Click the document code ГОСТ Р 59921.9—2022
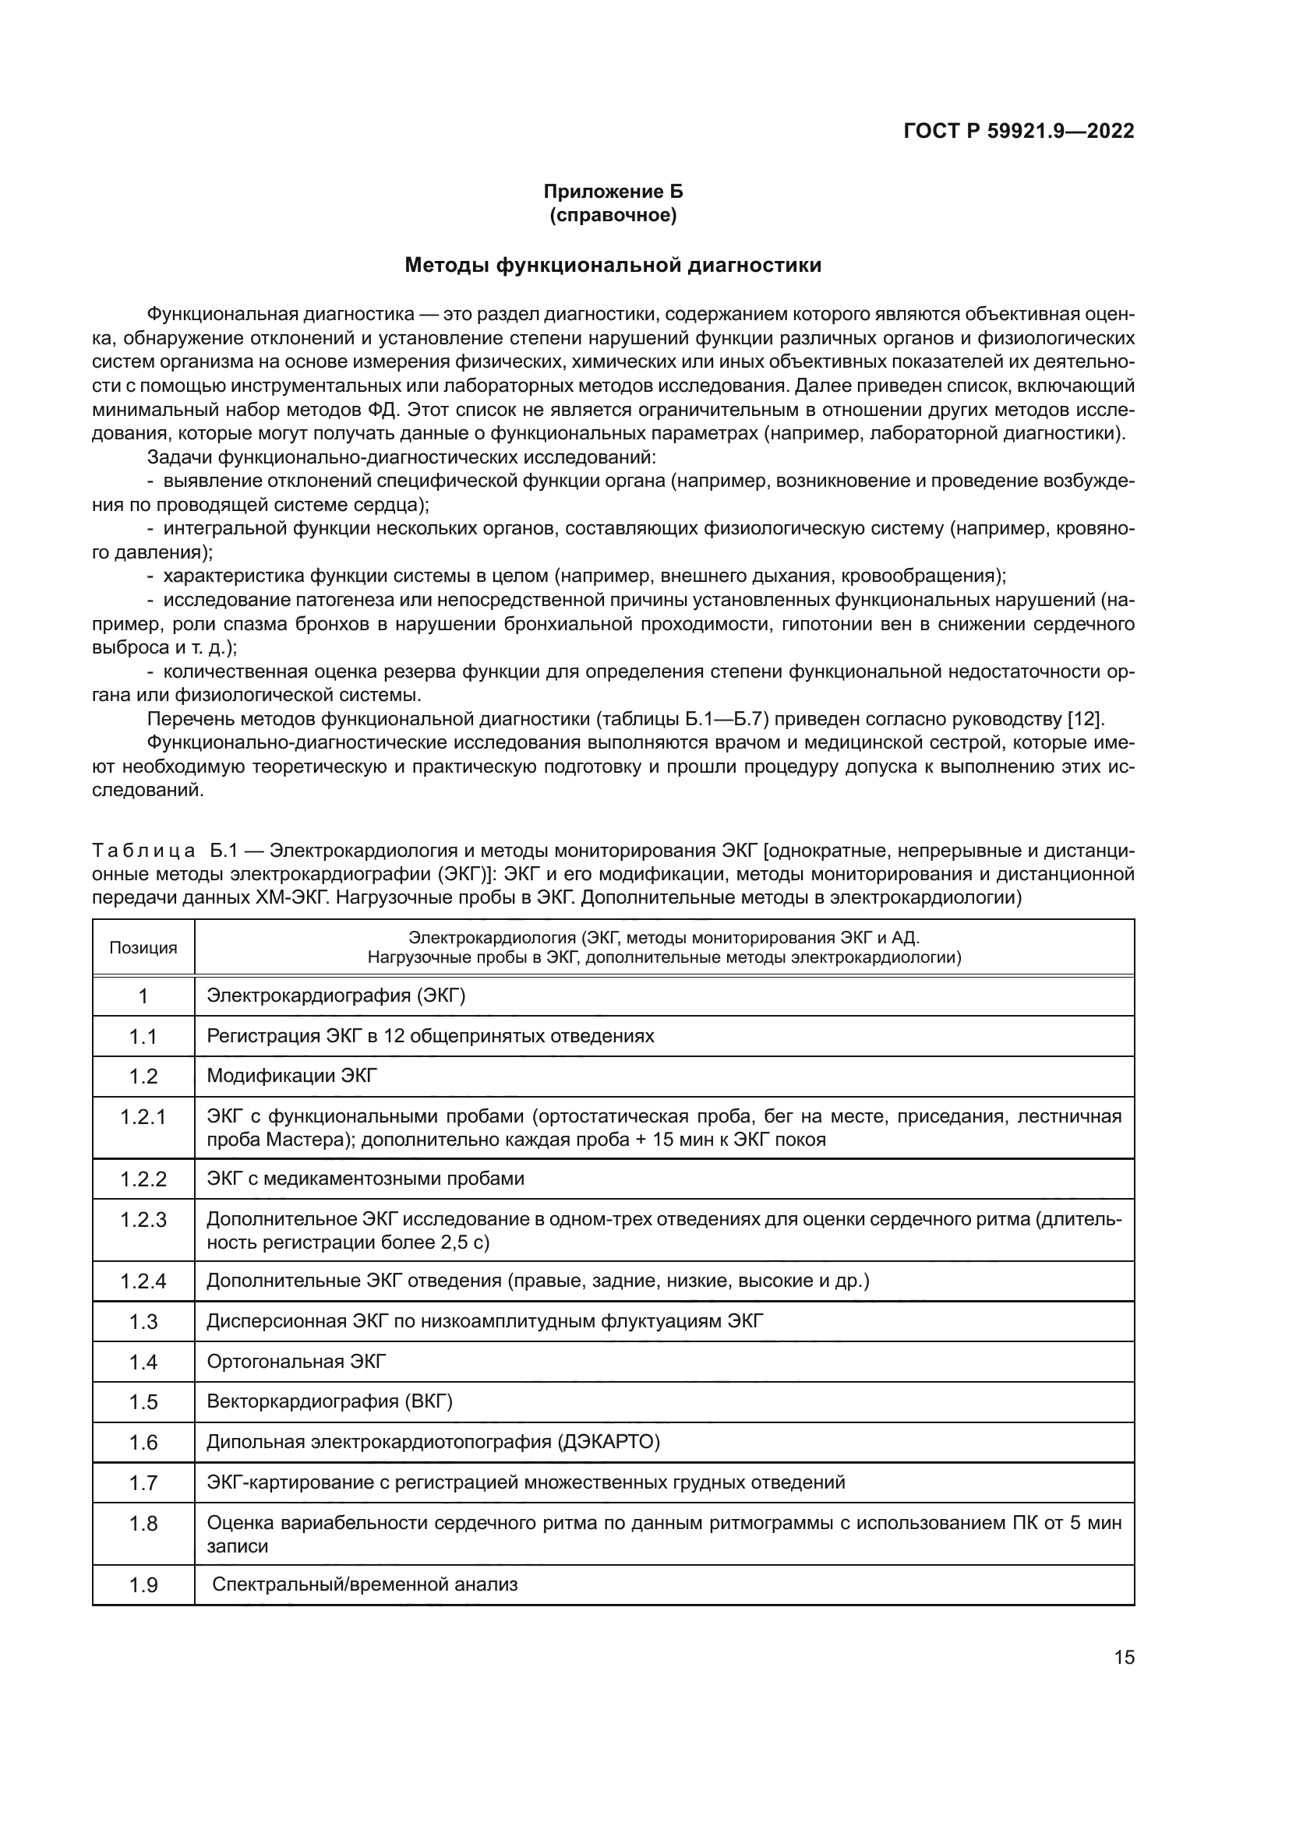1019,131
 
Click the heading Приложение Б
613,192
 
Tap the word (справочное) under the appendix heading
613,215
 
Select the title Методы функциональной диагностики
613,265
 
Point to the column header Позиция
143,947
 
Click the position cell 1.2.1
143,1117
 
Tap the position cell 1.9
143,1585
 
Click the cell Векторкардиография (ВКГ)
330,1401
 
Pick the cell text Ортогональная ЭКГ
296,1362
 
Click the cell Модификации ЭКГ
292,1076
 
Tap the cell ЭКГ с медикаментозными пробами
365,1179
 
